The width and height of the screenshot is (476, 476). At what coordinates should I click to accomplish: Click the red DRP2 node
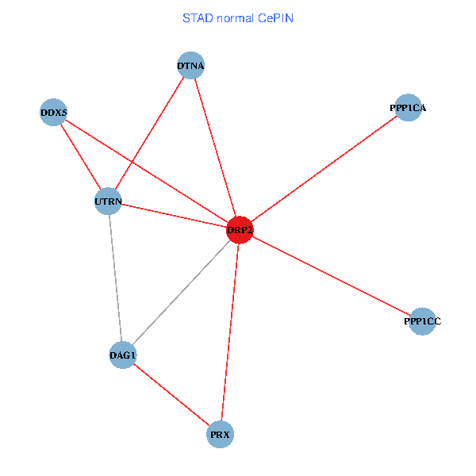[x=240, y=230]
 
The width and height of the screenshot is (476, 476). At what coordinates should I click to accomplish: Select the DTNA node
[x=190, y=66]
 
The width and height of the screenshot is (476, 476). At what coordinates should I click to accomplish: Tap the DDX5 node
[x=53, y=113]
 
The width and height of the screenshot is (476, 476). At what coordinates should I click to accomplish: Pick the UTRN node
[x=108, y=202]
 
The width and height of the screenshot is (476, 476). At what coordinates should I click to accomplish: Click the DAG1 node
[x=122, y=355]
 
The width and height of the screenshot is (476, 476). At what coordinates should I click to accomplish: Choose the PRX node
[x=221, y=435]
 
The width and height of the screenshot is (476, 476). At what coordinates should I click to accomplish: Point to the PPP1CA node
[x=408, y=107]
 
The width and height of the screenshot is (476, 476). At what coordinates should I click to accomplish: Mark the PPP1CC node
[x=422, y=321]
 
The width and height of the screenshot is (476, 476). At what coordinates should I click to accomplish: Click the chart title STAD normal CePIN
[x=238, y=17]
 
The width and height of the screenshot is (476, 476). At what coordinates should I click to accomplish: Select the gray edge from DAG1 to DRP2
[x=181, y=293]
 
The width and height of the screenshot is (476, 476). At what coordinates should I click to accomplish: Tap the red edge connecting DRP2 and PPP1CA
[x=324, y=168]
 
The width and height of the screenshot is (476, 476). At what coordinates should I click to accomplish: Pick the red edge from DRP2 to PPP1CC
[x=331, y=275]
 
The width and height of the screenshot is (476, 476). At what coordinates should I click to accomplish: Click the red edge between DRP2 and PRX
[x=230, y=332]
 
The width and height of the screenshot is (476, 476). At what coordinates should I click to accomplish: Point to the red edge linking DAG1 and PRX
[x=171, y=395]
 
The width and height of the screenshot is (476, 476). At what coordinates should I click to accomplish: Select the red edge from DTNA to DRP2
[x=215, y=148]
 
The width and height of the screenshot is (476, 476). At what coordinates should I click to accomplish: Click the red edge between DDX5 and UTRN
[x=80, y=157]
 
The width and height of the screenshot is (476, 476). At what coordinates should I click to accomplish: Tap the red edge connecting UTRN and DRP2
[x=174, y=216]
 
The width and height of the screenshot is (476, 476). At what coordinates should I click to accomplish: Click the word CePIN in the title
[x=275, y=17]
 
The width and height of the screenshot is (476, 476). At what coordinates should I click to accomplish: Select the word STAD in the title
[x=197, y=17]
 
